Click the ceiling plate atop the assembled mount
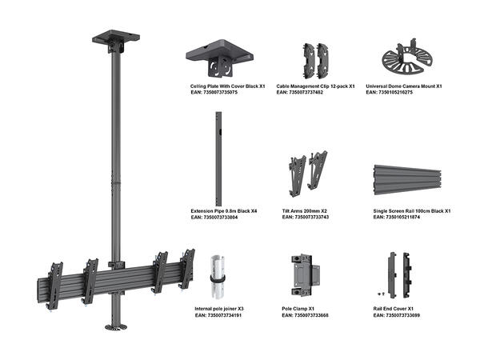click(x=116, y=38)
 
